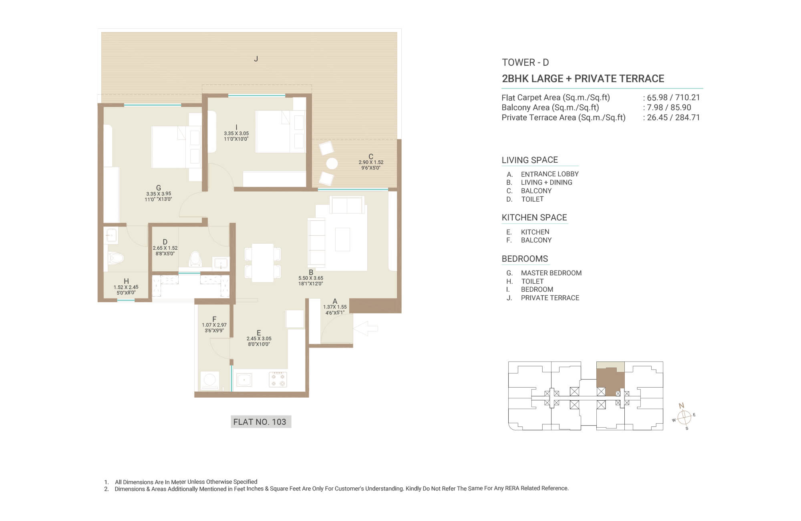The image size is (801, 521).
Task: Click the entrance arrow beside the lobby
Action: pyautogui.click(x=365, y=328)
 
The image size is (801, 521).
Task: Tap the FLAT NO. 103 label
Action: pyautogui.click(x=260, y=422)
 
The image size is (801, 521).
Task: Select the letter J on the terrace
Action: pyautogui.click(x=256, y=59)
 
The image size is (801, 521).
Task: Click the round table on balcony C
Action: pyautogui.click(x=332, y=164)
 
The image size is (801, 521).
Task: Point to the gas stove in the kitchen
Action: pyautogui.click(x=278, y=379)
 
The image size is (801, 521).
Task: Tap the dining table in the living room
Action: pyautogui.click(x=263, y=263)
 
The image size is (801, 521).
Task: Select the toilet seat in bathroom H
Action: pyautogui.click(x=115, y=258)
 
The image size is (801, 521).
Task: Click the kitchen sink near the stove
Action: pyautogui.click(x=244, y=380)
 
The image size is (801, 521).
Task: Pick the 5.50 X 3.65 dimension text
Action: pyautogui.click(x=311, y=278)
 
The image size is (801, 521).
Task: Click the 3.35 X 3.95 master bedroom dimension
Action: pyautogui.click(x=159, y=194)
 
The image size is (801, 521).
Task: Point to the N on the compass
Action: pyautogui.click(x=681, y=406)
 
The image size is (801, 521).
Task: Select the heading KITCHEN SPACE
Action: pyautogui.click(x=534, y=218)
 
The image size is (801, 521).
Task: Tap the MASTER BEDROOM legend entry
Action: pyautogui.click(x=551, y=273)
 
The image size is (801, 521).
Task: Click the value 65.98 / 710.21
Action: pyautogui.click(x=673, y=97)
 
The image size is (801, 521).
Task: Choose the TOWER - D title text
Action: pyautogui.click(x=525, y=63)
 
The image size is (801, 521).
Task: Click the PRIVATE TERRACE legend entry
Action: pyautogui.click(x=550, y=298)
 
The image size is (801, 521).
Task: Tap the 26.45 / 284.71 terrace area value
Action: pyautogui.click(x=673, y=117)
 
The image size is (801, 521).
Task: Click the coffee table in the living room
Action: pyautogui.click(x=342, y=239)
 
